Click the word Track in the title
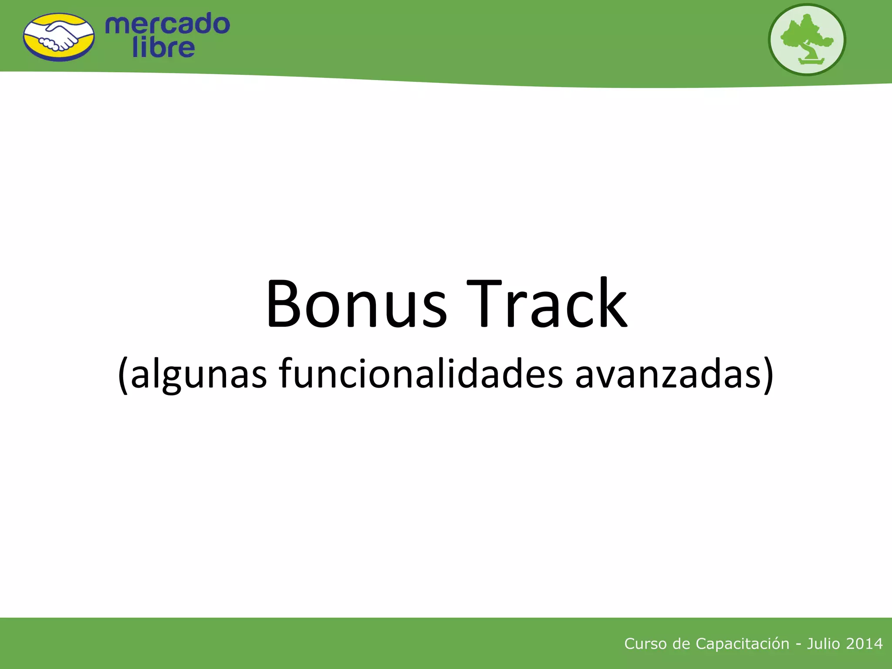click(x=547, y=304)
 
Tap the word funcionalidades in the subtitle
click(x=421, y=374)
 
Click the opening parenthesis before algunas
click(x=123, y=375)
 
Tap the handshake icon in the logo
click(x=59, y=37)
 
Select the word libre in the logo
click(x=163, y=48)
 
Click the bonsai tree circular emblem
click(x=807, y=40)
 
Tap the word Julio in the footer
click(x=823, y=644)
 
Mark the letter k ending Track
click(x=612, y=304)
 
